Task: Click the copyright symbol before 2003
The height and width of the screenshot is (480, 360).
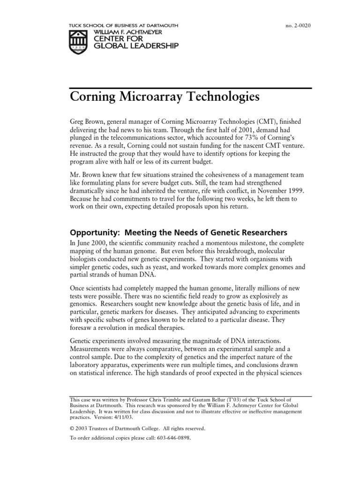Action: [72, 428]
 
